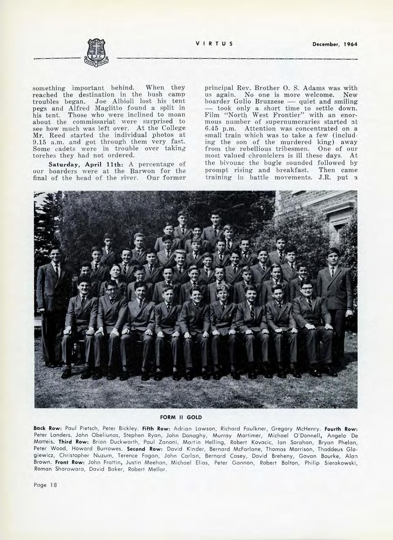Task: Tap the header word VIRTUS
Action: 214,44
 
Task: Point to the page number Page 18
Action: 45,496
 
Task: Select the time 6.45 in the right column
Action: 213,129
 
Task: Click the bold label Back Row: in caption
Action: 48,427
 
